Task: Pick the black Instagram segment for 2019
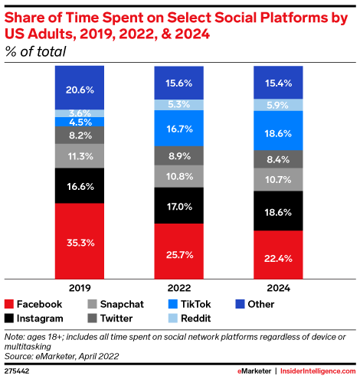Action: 80,185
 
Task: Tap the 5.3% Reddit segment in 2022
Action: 179,104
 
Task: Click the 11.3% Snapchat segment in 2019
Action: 80,156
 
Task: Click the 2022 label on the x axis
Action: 179,289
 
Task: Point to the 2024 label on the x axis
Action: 278,289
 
